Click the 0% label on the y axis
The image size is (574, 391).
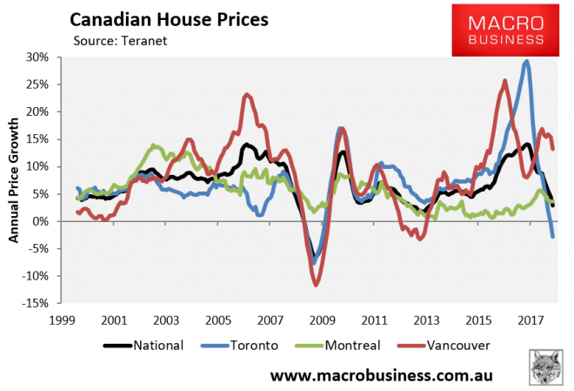click(x=42, y=221)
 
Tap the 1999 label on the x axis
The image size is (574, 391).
click(x=61, y=320)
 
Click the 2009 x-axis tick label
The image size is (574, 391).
click(x=323, y=320)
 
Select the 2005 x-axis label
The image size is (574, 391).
click(x=218, y=320)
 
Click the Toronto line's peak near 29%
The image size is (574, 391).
click(x=526, y=62)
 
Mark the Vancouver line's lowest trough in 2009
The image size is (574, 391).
click(x=316, y=285)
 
